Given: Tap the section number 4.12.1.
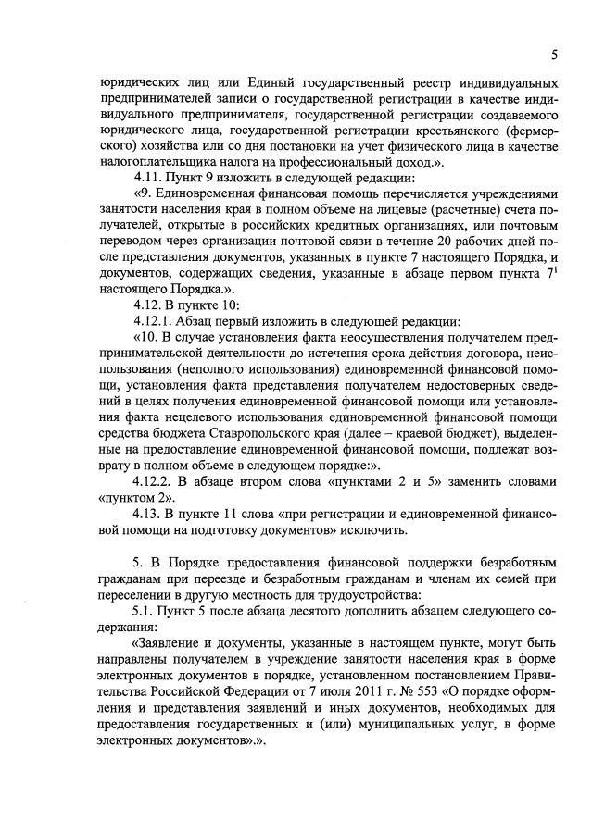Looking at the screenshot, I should tap(157, 322).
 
